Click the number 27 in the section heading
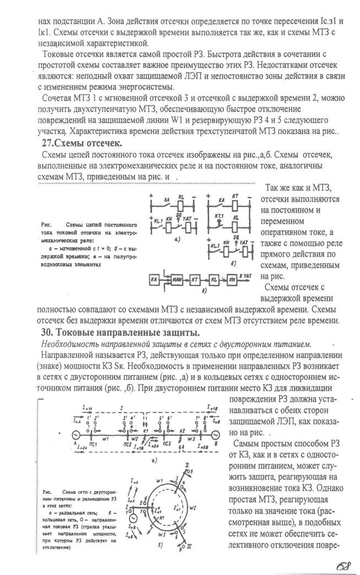[x=47, y=143]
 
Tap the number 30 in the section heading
[x=47, y=333]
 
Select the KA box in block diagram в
[x=155, y=280]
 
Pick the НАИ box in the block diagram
[x=178, y=280]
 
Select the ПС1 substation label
[x=93, y=443]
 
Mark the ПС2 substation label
[x=128, y=443]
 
